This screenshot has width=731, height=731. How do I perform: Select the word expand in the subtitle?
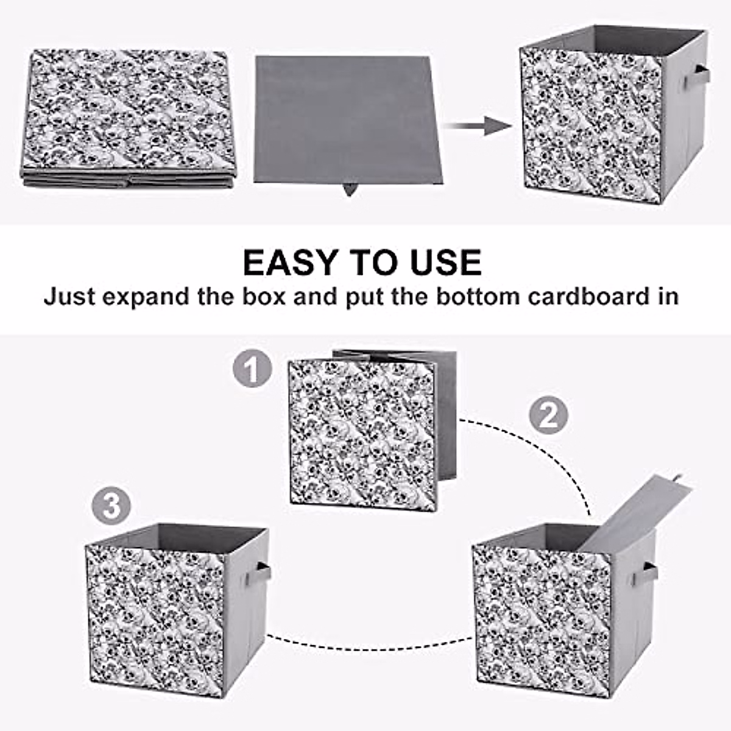click(138, 297)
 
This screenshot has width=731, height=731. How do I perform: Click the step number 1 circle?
click(252, 369)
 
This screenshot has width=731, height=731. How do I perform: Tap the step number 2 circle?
click(548, 416)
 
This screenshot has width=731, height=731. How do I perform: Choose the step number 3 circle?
click(111, 506)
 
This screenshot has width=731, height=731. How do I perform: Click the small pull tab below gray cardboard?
click(349, 189)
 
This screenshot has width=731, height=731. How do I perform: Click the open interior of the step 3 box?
click(171, 536)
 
